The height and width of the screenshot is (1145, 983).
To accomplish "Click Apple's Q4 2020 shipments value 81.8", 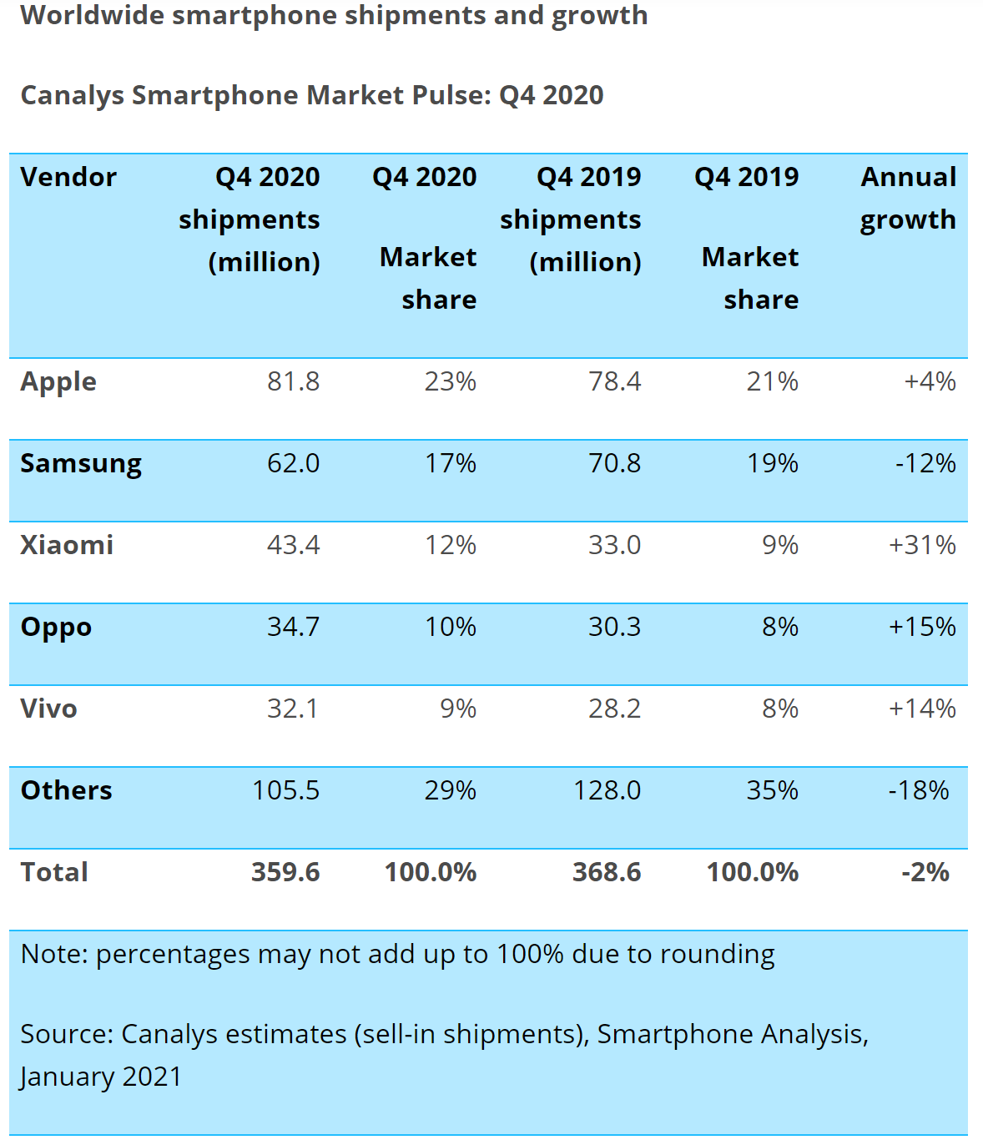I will pos(293,381).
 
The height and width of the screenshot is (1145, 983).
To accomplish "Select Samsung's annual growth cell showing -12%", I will pos(925,463).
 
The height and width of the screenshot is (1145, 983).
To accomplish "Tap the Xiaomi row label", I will pos(67,545).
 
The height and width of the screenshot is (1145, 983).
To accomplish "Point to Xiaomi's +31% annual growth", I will pos(922,545).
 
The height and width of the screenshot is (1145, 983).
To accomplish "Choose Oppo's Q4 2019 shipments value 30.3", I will pos(614,627).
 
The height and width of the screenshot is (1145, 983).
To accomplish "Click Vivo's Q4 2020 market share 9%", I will pos(458,709).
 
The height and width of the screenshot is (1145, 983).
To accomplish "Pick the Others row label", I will pos(66,790).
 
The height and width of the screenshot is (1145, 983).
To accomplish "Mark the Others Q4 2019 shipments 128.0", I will pos(607,790).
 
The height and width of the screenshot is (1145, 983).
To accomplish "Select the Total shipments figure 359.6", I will pos(285,872).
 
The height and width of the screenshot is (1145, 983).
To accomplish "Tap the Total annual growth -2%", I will pos(925,872).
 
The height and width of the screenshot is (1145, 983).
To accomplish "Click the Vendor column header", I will pos(68,177).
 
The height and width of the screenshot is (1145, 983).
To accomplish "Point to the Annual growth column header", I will pos(908,198).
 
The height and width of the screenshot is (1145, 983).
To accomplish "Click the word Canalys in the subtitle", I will pos(72,95).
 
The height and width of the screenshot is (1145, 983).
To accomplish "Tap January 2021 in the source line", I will pos(101,1077).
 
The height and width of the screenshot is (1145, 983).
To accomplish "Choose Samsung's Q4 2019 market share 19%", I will pos(772,463).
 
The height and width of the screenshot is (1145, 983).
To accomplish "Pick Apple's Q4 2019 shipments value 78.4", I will pos(614,381).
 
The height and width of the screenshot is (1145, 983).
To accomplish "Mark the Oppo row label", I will pos(56,627).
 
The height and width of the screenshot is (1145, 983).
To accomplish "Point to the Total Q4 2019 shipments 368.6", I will pos(607,872).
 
